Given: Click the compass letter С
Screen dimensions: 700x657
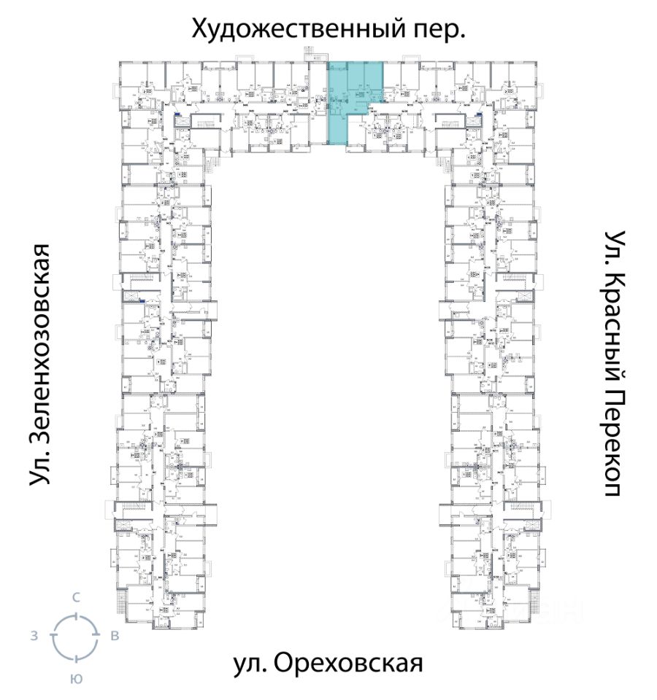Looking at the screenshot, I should (75, 597).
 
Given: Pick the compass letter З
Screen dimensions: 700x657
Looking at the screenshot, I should (34, 637).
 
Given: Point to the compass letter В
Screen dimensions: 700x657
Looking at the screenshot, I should (115, 637).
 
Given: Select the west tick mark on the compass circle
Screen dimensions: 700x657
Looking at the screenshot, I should (53, 637).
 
